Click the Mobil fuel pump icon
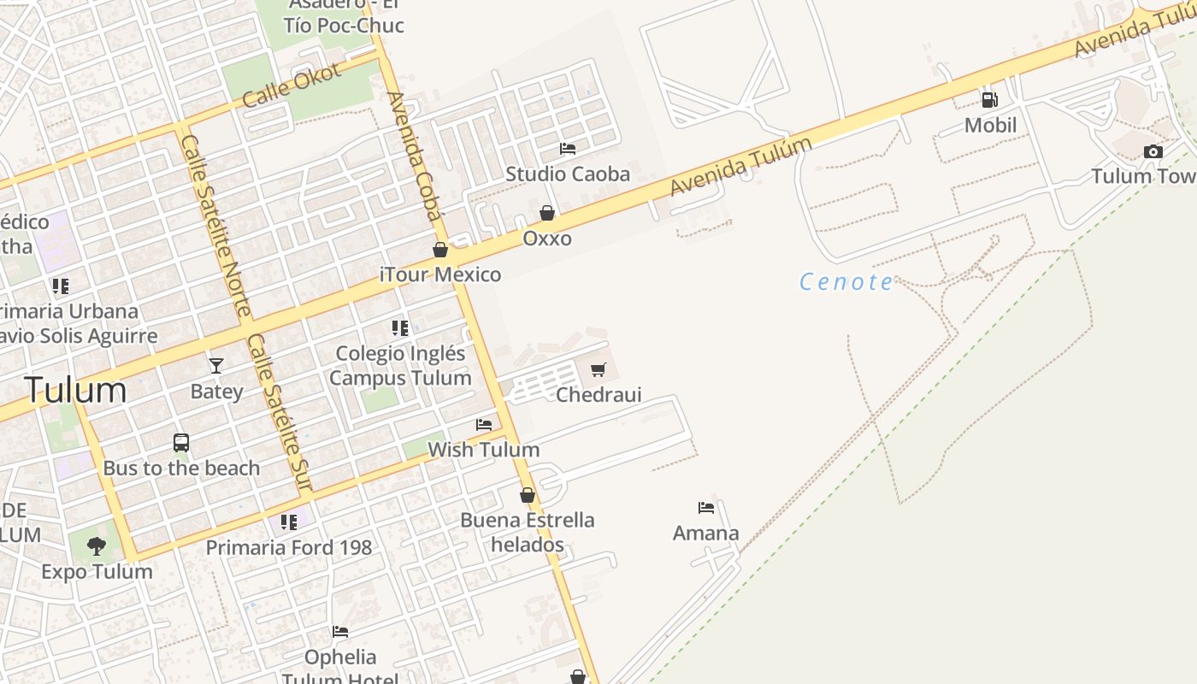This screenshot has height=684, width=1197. (x=990, y=100)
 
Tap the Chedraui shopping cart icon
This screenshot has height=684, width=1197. (x=598, y=370)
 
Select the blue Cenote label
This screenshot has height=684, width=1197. (x=846, y=281)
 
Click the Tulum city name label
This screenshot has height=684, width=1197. (x=76, y=390)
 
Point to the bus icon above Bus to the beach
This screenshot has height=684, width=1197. (x=181, y=443)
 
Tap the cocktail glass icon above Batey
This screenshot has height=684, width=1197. (x=216, y=366)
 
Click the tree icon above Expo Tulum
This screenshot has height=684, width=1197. (x=97, y=545)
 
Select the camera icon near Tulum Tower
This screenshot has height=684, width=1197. (x=1153, y=152)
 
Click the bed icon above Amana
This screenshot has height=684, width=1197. (x=706, y=508)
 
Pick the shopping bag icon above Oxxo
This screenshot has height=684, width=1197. (x=547, y=213)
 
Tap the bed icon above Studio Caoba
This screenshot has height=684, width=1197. (x=568, y=149)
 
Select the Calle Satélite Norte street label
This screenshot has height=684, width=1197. (x=216, y=225)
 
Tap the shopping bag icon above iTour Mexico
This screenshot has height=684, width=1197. (x=440, y=250)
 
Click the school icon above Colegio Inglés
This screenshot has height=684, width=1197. (x=400, y=327)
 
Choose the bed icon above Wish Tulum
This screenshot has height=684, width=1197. (x=484, y=425)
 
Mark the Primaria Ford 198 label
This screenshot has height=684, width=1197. (x=289, y=548)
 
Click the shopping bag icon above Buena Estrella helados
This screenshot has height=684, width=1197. (x=528, y=495)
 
